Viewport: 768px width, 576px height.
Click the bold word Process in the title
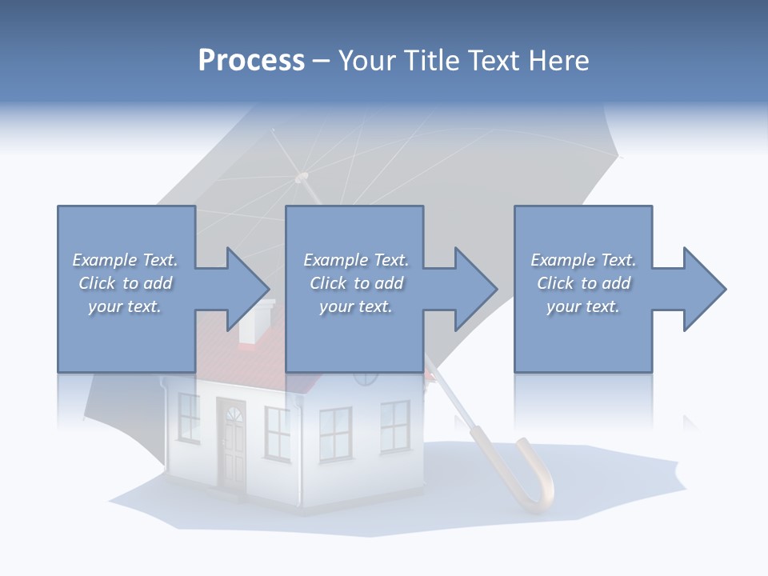pyautogui.click(x=251, y=60)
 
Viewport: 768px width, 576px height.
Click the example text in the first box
pyautogui.click(x=125, y=283)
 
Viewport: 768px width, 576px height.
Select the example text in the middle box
pyautogui.click(x=356, y=283)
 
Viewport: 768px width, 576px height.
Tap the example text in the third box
pyautogui.click(x=583, y=283)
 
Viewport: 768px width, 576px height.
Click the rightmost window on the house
pyautogui.click(x=394, y=426)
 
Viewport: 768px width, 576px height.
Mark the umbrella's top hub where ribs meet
pyautogui.click(x=302, y=177)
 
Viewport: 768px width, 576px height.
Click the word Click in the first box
pyautogui.click(x=98, y=283)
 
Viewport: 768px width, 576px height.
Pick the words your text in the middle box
pyautogui.click(x=356, y=306)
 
